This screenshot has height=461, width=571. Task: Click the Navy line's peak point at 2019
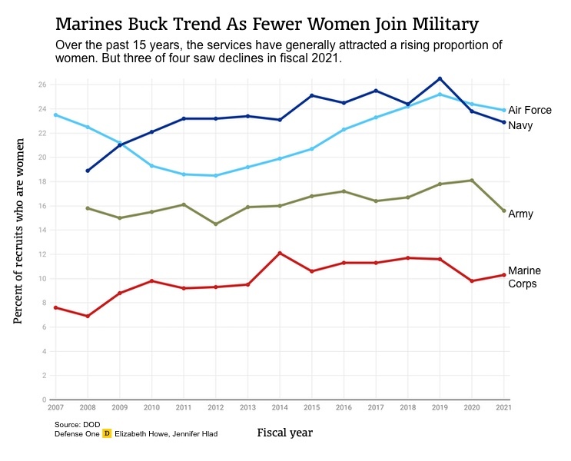pos(440,78)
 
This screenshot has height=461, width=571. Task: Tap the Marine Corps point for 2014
pos(279,253)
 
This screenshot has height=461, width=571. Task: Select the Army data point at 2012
pos(215,224)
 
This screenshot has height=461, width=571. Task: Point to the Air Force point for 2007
pos(55,114)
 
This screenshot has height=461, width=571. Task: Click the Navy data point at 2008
pos(88,171)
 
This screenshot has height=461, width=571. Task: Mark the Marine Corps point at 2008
pos(88,316)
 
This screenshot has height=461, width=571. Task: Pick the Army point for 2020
pos(472,180)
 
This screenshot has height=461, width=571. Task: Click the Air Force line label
pos(530,111)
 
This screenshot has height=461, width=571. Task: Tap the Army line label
pos(520,214)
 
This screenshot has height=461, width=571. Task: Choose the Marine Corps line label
pos(525,277)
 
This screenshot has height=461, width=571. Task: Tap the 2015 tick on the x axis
pos(311,406)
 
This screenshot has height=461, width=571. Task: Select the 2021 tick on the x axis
pos(504,406)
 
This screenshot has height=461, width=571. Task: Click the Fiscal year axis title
pos(284,433)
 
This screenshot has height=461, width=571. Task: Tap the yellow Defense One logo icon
pos(108,434)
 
